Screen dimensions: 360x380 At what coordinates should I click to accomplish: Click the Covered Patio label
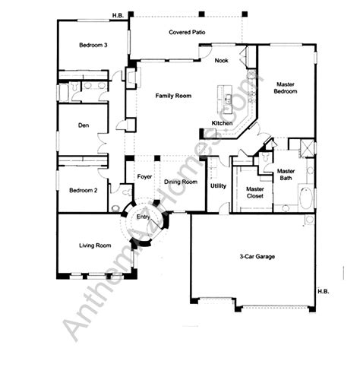[187, 32]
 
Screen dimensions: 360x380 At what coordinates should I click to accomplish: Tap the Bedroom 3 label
[93, 45]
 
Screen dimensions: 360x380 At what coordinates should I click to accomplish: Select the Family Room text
[173, 96]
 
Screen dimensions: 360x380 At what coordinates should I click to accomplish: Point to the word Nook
[221, 60]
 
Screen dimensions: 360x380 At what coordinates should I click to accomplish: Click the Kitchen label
[222, 123]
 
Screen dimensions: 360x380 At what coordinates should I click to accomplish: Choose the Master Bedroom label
[286, 87]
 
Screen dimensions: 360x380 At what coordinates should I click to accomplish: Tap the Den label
[84, 125]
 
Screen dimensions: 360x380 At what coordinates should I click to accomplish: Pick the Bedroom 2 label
[84, 190]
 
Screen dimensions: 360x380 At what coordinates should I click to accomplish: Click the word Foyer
[144, 176]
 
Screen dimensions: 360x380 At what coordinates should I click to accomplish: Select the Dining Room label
[181, 182]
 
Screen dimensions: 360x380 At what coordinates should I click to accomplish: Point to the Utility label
[218, 186]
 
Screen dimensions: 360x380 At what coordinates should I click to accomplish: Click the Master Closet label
[255, 192]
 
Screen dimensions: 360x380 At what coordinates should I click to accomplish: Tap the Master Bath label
[286, 175]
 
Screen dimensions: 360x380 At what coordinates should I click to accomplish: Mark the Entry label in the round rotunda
[143, 217]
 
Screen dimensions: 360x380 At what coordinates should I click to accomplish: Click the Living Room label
[95, 245]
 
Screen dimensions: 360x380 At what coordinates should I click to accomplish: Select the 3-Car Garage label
[257, 257]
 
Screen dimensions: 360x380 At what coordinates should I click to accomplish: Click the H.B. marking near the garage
[324, 291]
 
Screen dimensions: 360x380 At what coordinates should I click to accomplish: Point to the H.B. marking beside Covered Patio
[118, 15]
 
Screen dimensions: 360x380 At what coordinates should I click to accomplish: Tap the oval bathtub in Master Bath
[306, 198]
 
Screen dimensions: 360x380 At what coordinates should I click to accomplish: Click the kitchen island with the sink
[225, 99]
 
